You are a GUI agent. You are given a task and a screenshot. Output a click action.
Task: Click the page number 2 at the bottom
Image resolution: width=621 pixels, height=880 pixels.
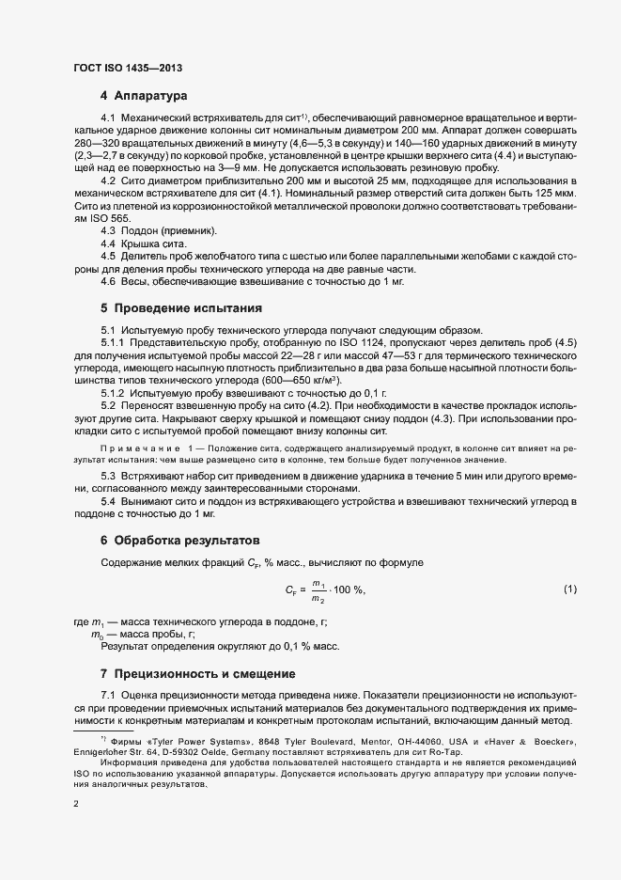point(76,804)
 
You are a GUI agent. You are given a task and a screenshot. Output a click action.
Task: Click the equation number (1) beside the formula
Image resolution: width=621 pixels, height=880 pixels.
point(568,589)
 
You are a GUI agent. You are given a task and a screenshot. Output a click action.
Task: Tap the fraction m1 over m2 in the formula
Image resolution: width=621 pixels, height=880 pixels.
point(318,589)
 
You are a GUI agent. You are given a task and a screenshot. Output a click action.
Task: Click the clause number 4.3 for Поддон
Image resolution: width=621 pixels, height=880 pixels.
point(109,230)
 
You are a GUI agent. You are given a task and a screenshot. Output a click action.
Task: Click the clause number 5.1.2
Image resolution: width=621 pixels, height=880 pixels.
point(113,390)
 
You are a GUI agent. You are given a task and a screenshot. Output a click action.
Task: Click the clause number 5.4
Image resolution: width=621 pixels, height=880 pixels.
point(109,502)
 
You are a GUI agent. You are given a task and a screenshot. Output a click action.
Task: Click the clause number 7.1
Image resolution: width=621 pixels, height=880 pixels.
point(109,695)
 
